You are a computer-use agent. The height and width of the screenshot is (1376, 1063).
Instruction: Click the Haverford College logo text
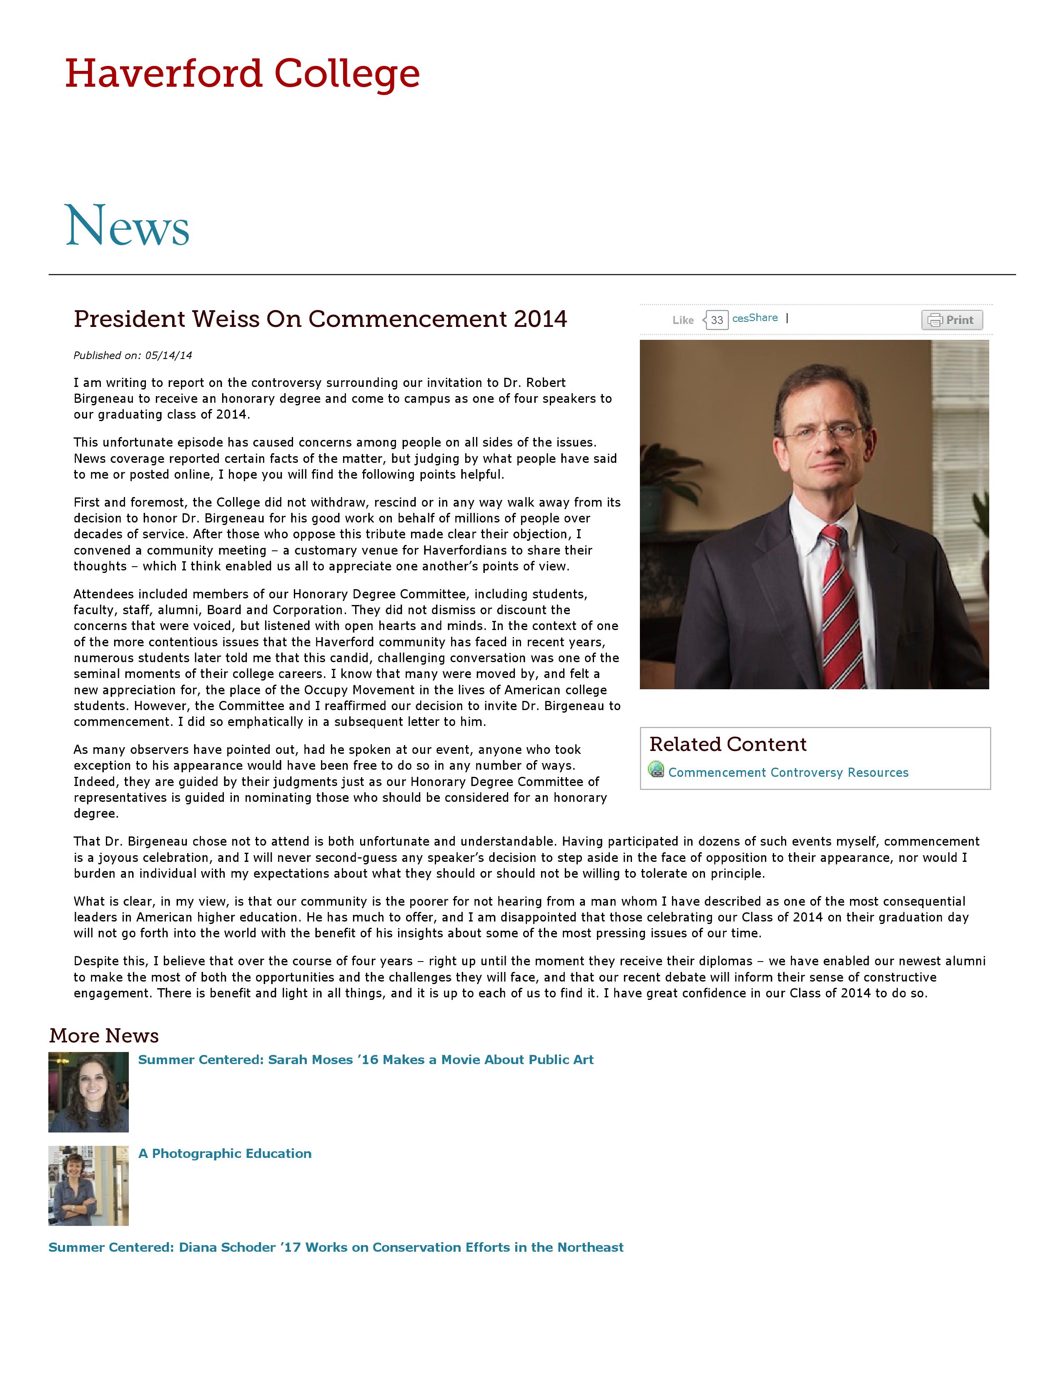coord(243,74)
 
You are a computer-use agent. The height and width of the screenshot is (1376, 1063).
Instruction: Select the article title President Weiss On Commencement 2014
coord(320,319)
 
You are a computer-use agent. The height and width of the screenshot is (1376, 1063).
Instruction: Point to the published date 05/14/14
coord(168,355)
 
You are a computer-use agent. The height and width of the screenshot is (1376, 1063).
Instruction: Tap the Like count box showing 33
coord(717,320)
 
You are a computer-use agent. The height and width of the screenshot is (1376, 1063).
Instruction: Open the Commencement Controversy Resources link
coord(788,772)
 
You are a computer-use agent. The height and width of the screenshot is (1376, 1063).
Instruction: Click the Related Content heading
coord(727,744)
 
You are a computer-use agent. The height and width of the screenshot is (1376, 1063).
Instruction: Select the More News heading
coord(104,1035)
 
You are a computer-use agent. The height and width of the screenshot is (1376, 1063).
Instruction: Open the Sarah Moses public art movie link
coord(365,1060)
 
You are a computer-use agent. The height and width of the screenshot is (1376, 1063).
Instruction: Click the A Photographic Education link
coord(225,1154)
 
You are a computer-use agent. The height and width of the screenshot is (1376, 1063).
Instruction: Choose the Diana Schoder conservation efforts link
coord(336,1248)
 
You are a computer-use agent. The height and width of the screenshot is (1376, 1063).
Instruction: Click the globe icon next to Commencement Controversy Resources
coord(656,770)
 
